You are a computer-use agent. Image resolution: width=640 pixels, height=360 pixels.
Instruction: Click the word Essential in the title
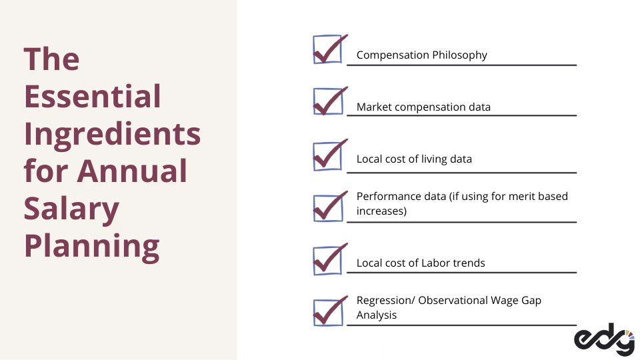[93, 96]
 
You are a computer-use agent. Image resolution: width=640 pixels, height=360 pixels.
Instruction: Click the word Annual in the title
[132, 171]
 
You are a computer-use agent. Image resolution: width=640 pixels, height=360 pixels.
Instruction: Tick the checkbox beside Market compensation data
[328, 101]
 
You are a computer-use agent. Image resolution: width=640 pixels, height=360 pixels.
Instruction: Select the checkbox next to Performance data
[328, 208]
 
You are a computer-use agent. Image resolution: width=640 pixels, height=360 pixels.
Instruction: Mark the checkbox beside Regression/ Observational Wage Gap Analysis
[328, 312]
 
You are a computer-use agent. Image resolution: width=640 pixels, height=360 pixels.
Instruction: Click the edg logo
[605, 339]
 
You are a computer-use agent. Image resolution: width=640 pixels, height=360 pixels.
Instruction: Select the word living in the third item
[434, 159]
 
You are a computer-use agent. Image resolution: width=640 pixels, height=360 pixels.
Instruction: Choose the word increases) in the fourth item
[381, 211]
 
